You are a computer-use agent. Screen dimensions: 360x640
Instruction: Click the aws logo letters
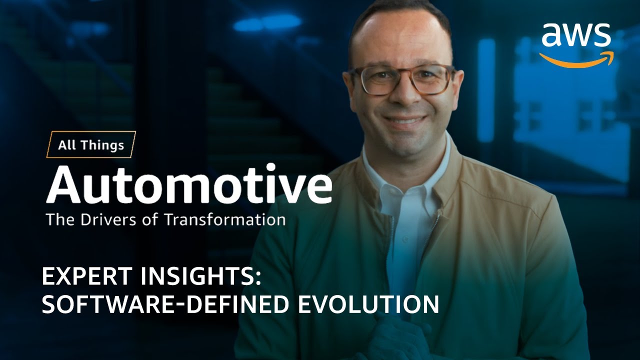[x=576, y=36]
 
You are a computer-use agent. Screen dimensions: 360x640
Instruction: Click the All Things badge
[x=91, y=145]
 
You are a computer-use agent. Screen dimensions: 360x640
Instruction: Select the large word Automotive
[x=189, y=185]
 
